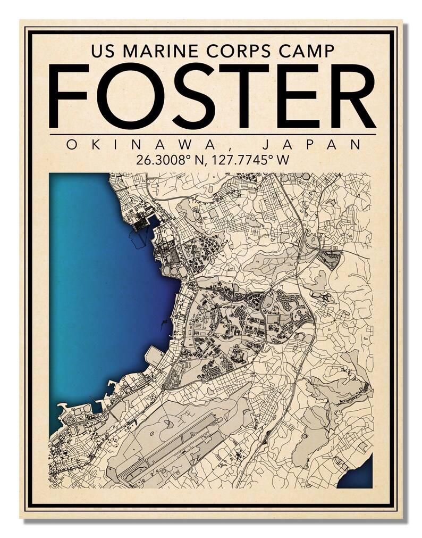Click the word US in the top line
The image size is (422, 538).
(x=102, y=51)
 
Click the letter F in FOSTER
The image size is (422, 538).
(x=70, y=96)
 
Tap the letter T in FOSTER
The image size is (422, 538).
(x=244, y=96)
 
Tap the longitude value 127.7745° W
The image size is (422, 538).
(x=249, y=159)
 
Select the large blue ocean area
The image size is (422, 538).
(x=101, y=298)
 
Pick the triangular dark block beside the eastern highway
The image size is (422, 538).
(x=330, y=260)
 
